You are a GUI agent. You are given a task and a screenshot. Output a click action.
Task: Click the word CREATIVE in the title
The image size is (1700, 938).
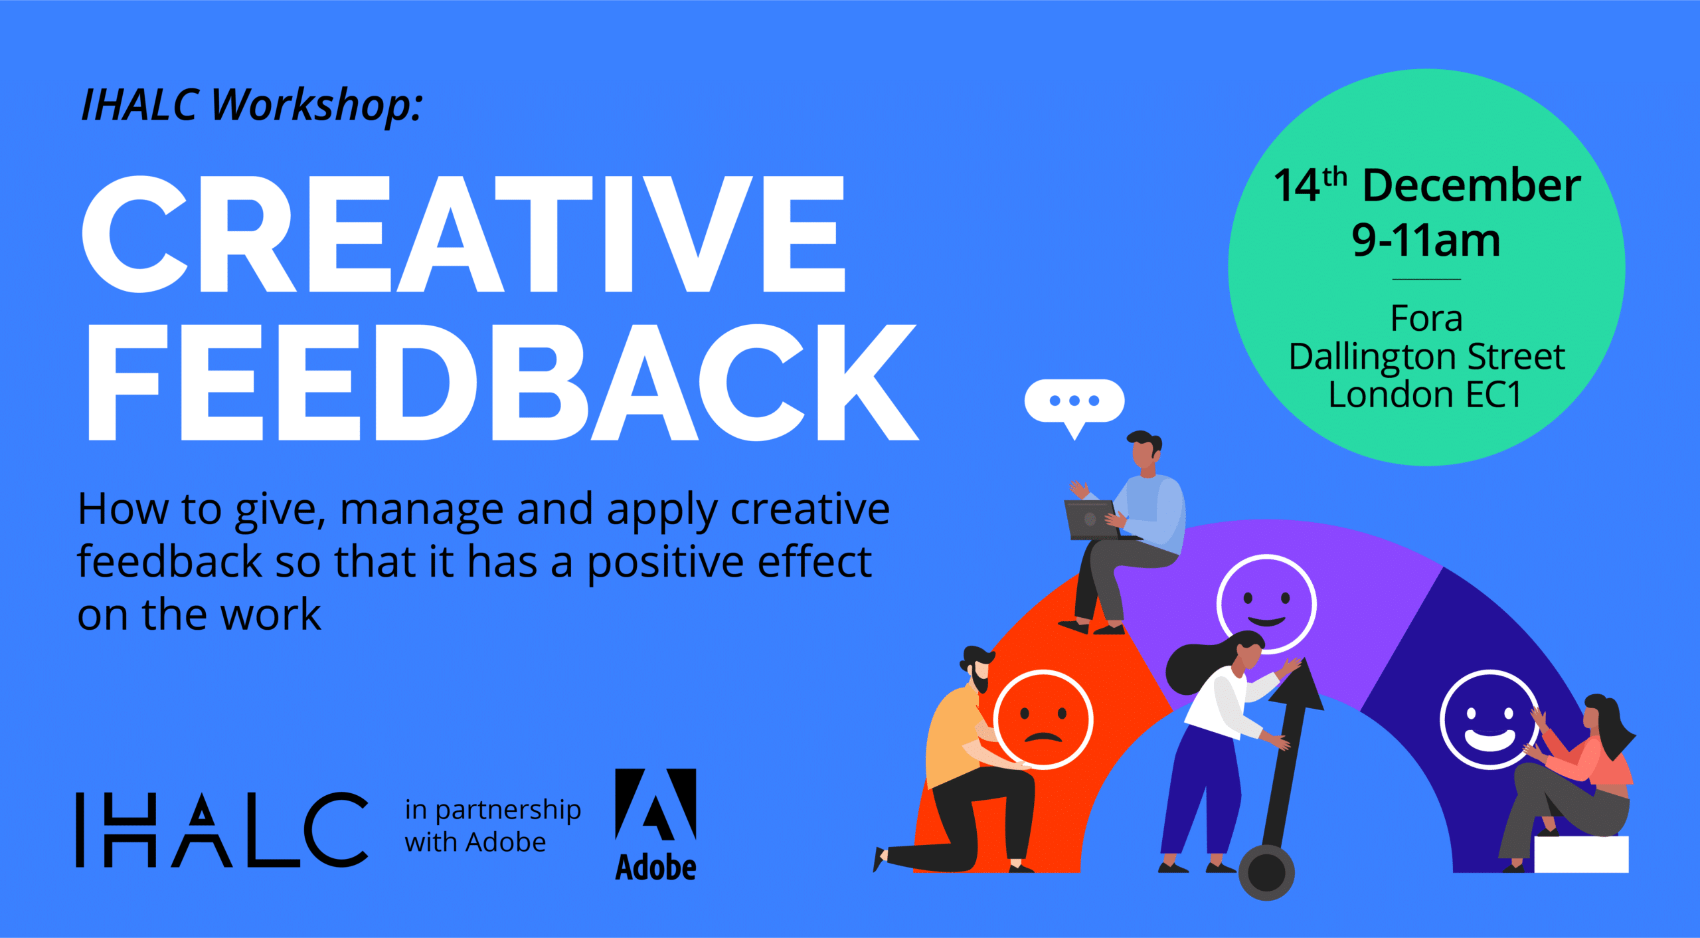coord(464,234)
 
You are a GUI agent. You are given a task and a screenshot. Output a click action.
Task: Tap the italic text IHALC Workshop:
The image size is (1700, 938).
coord(251,105)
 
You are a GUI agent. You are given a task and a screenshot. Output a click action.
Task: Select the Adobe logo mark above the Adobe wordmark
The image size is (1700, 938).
coord(655,804)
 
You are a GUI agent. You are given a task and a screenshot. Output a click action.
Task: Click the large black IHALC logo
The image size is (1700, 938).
coord(222,830)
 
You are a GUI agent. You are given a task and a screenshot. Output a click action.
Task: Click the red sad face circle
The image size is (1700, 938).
coord(1043,719)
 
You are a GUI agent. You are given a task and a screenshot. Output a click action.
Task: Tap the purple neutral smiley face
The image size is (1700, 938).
coord(1266,604)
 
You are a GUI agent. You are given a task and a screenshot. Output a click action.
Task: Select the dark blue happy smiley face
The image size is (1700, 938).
coord(1489,719)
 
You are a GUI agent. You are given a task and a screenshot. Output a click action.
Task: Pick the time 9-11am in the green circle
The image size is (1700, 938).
coord(1426,240)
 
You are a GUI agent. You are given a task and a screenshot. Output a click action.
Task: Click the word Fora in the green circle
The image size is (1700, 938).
coord(1426,318)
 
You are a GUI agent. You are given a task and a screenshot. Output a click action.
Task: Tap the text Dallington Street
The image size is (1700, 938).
coord(1426,357)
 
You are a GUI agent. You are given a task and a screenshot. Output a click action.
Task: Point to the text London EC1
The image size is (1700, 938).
coord(1425,395)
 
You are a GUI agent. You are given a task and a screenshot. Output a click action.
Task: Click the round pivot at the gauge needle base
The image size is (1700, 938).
coord(1266,872)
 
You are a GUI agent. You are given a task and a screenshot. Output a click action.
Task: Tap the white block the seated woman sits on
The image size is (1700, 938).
coord(1581,854)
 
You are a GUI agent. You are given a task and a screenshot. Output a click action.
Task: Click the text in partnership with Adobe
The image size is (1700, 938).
coord(493,826)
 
